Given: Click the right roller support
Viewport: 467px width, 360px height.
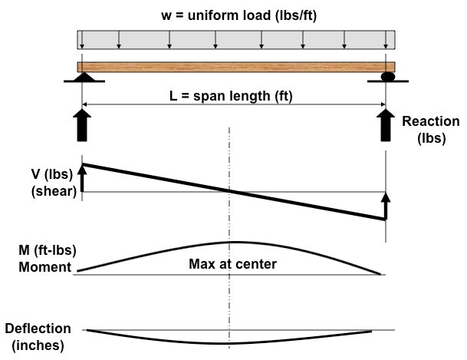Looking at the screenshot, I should [386, 78].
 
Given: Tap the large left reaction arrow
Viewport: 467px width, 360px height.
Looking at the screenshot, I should [83, 126].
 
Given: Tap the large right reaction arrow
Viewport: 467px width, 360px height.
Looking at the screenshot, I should [386, 126].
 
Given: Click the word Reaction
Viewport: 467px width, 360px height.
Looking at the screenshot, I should [431, 121].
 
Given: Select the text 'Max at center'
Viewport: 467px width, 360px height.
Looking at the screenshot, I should [232, 265].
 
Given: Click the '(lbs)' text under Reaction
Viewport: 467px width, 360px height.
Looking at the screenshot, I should [429, 138].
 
